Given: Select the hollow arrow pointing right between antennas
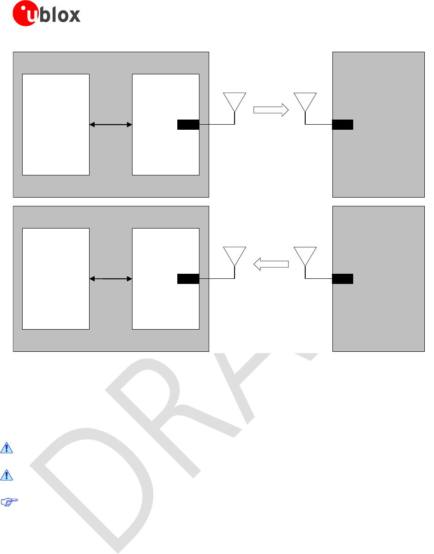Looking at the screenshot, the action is [271, 110].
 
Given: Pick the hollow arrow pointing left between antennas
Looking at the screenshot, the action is [271, 264].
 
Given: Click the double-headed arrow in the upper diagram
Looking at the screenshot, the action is [111, 124].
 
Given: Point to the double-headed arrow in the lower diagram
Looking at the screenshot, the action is [111, 278].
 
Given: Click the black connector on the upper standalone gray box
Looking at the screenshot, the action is [343, 124].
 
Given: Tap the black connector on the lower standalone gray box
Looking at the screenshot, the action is [343, 278].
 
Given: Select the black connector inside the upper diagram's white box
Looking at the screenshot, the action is [188, 124].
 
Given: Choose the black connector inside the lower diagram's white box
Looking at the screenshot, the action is [188, 278].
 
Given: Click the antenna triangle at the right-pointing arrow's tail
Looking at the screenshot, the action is [235, 101].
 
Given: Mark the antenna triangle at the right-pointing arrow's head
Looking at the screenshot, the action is [305, 101].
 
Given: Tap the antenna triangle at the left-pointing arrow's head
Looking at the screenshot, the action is [235, 255].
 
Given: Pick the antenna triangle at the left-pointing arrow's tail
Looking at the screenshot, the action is [305, 255].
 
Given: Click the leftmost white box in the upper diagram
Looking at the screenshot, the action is [56, 124].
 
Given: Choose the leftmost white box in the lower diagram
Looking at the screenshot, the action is [56, 278].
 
